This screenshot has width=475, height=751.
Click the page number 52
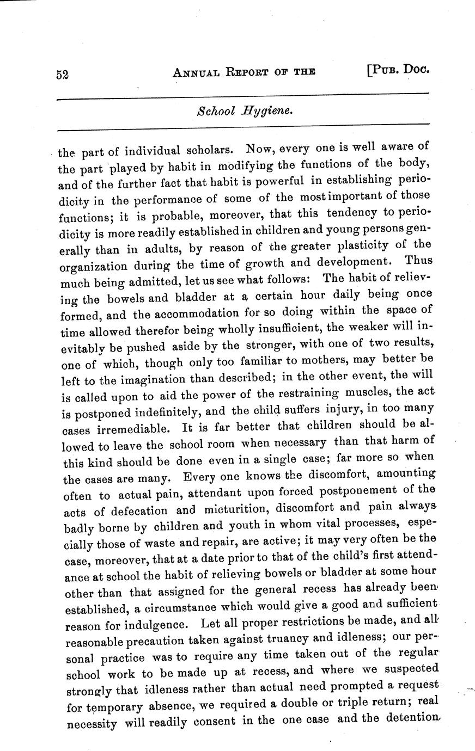62,75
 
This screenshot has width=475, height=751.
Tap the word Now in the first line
258,147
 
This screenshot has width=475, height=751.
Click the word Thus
419,260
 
